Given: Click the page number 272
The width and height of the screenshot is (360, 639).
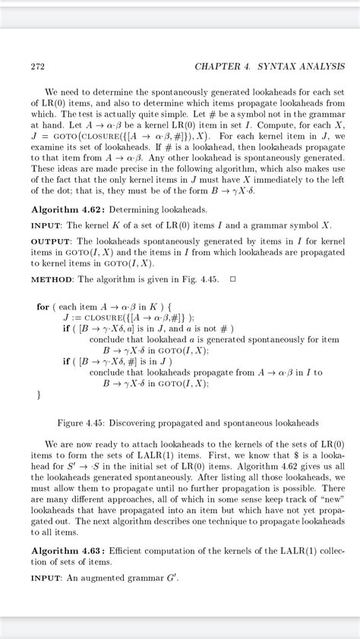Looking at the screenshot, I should point(37,66).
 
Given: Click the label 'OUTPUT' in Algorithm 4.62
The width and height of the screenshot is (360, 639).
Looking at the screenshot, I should point(51,241).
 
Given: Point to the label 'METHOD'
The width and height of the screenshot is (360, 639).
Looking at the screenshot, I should point(52,279).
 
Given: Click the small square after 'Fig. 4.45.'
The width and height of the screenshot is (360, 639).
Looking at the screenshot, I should point(233,279).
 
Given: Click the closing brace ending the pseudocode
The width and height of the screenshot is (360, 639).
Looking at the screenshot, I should point(39,395).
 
